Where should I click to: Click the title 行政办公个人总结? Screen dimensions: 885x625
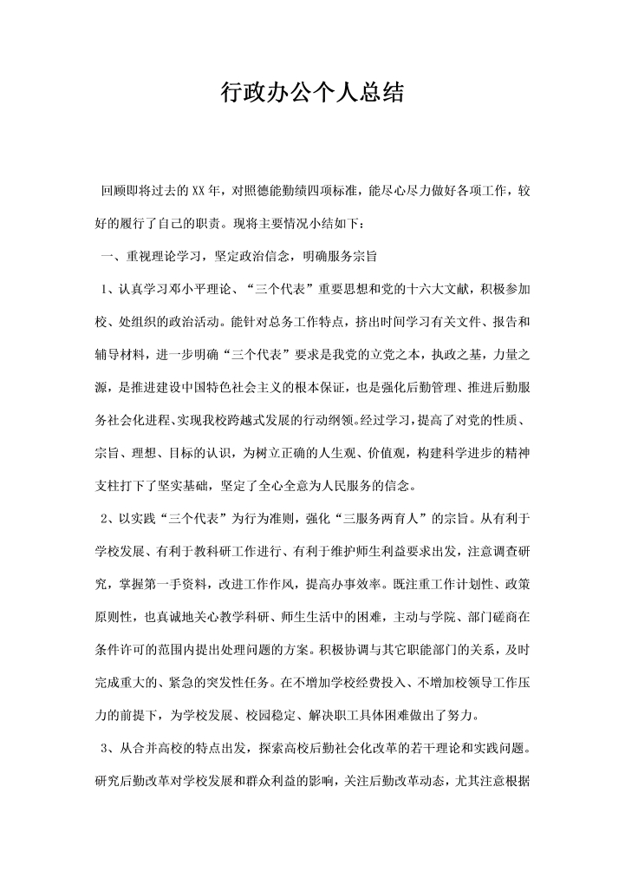point(312,93)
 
